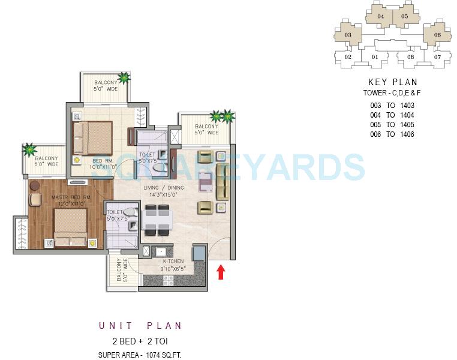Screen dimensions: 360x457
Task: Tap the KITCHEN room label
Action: tap(172, 261)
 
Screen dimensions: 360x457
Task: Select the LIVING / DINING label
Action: tap(163, 188)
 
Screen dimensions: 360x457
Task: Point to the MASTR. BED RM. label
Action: tap(71, 197)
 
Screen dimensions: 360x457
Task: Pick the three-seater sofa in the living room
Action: tap(223, 181)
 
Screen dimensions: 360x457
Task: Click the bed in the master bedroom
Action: tap(71, 232)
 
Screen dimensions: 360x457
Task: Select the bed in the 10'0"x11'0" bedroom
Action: tap(92, 139)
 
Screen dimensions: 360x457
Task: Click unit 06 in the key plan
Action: tap(437, 35)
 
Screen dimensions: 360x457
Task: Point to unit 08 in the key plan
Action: tap(410, 58)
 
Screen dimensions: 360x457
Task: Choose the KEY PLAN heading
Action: tap(392, 82)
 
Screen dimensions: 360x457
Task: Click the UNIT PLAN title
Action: tap(140, 326)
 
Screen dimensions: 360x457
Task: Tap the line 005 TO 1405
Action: tap(392, 125)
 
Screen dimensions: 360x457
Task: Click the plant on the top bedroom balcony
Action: tap(124, 77)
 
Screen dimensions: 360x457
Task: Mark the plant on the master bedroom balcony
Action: tap(29, 149)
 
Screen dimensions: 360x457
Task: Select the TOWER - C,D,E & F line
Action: tap(392, 93)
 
